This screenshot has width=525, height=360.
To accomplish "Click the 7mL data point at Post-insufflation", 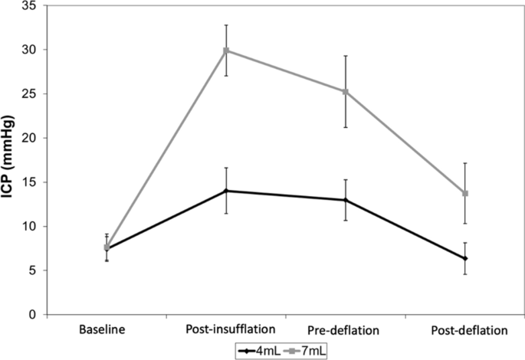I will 226,51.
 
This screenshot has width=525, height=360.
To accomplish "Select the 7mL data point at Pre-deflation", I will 345,92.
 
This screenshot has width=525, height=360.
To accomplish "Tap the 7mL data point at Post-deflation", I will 464,193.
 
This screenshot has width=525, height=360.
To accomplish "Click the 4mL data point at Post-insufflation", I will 226,191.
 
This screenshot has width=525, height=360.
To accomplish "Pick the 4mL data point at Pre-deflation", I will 345,200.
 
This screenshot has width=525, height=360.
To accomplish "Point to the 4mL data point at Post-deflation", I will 464,258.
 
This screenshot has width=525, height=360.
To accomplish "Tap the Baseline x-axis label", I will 107,330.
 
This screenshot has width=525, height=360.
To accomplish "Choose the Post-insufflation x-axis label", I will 225,330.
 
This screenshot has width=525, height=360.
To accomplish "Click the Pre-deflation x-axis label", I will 345,330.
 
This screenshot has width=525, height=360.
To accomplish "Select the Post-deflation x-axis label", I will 464,330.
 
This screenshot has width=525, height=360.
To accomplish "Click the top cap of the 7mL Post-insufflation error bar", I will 226,25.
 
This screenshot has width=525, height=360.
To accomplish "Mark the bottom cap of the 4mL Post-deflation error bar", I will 464,273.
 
